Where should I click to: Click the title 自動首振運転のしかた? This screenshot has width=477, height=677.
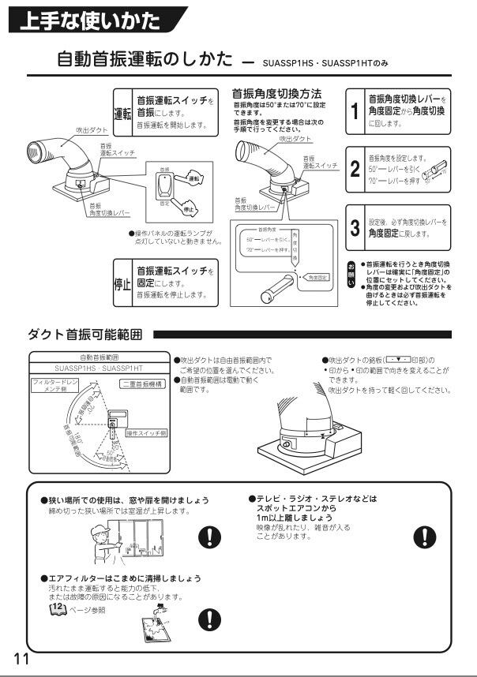(x=145, y=59)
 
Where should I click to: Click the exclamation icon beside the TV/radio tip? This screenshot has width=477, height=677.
(x=424, y=536)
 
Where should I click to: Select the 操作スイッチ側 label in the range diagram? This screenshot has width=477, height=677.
(x=145, y=432)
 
